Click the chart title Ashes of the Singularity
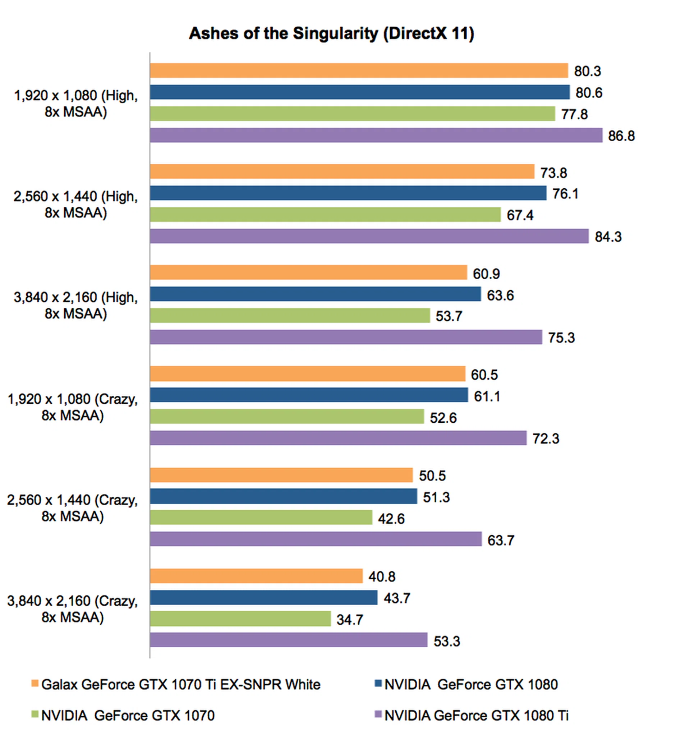coord(331,34)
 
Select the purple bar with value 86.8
coord(376,135)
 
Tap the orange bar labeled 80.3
coord(359,70)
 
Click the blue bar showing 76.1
coord(348,193)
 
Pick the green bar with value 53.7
coord(290,315)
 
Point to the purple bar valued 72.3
coord(338,438)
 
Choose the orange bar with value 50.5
coord(281,475)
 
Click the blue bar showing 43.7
coord(264,597)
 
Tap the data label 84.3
coord(608,236)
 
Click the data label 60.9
coord(486,274)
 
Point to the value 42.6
coord(391,519)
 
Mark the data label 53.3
coord(447,641)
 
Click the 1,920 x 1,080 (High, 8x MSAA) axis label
coord(76,104)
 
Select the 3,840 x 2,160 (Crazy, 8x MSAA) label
coord(73,609)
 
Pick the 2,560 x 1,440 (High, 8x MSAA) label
coord(76,205)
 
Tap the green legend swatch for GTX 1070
coord(35,715)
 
